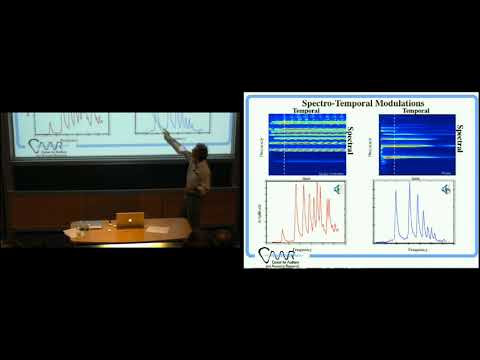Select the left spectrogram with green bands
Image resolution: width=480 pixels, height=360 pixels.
(304, 143)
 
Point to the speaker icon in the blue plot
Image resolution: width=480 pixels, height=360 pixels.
(445, 187)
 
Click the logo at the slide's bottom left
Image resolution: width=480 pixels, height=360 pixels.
(281, 257)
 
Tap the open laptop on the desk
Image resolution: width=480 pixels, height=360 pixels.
(128, 218)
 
